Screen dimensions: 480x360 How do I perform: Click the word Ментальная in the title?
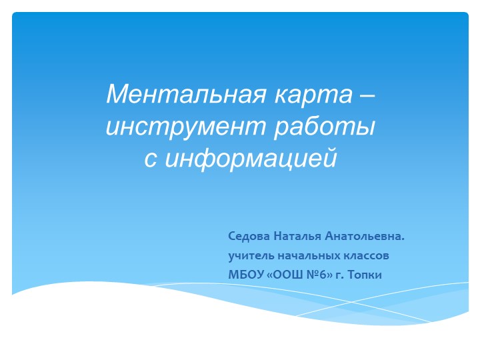click(186, 94)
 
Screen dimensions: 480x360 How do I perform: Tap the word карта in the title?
click(313, 95)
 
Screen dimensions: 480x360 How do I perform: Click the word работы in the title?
click(325, 126)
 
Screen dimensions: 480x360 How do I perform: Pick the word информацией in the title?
click(251, 159)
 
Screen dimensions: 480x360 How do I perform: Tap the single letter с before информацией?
click(151, 160)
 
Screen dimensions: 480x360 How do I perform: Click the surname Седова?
click(249, 236)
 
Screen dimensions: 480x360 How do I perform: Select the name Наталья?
click(297, 236)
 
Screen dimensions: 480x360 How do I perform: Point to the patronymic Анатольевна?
click(363, 236)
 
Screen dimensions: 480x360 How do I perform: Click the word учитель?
click(251, 255)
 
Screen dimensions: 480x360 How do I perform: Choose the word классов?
click(366, 255)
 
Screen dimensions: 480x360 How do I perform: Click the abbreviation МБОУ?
click(246, 275)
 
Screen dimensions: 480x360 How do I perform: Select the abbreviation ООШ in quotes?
click(289, 275)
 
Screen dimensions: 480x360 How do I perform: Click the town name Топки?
click(365, 275)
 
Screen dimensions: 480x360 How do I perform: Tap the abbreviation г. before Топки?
click(340, 275)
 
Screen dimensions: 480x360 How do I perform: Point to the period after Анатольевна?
click(402, 240)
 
